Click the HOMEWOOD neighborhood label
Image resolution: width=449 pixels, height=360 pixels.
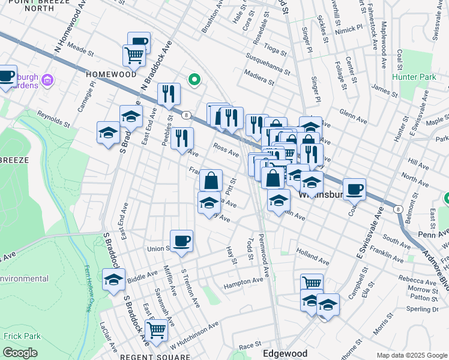111,74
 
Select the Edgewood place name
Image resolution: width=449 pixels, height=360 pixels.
285,354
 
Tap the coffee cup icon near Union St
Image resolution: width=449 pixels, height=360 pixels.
181,241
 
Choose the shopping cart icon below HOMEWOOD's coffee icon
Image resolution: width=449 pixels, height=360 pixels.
134,55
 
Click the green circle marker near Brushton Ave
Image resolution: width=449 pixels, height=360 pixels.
194,79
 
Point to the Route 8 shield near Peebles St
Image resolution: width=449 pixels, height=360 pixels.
187,115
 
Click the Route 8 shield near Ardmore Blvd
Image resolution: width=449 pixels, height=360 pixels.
398,209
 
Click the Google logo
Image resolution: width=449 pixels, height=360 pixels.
20,353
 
